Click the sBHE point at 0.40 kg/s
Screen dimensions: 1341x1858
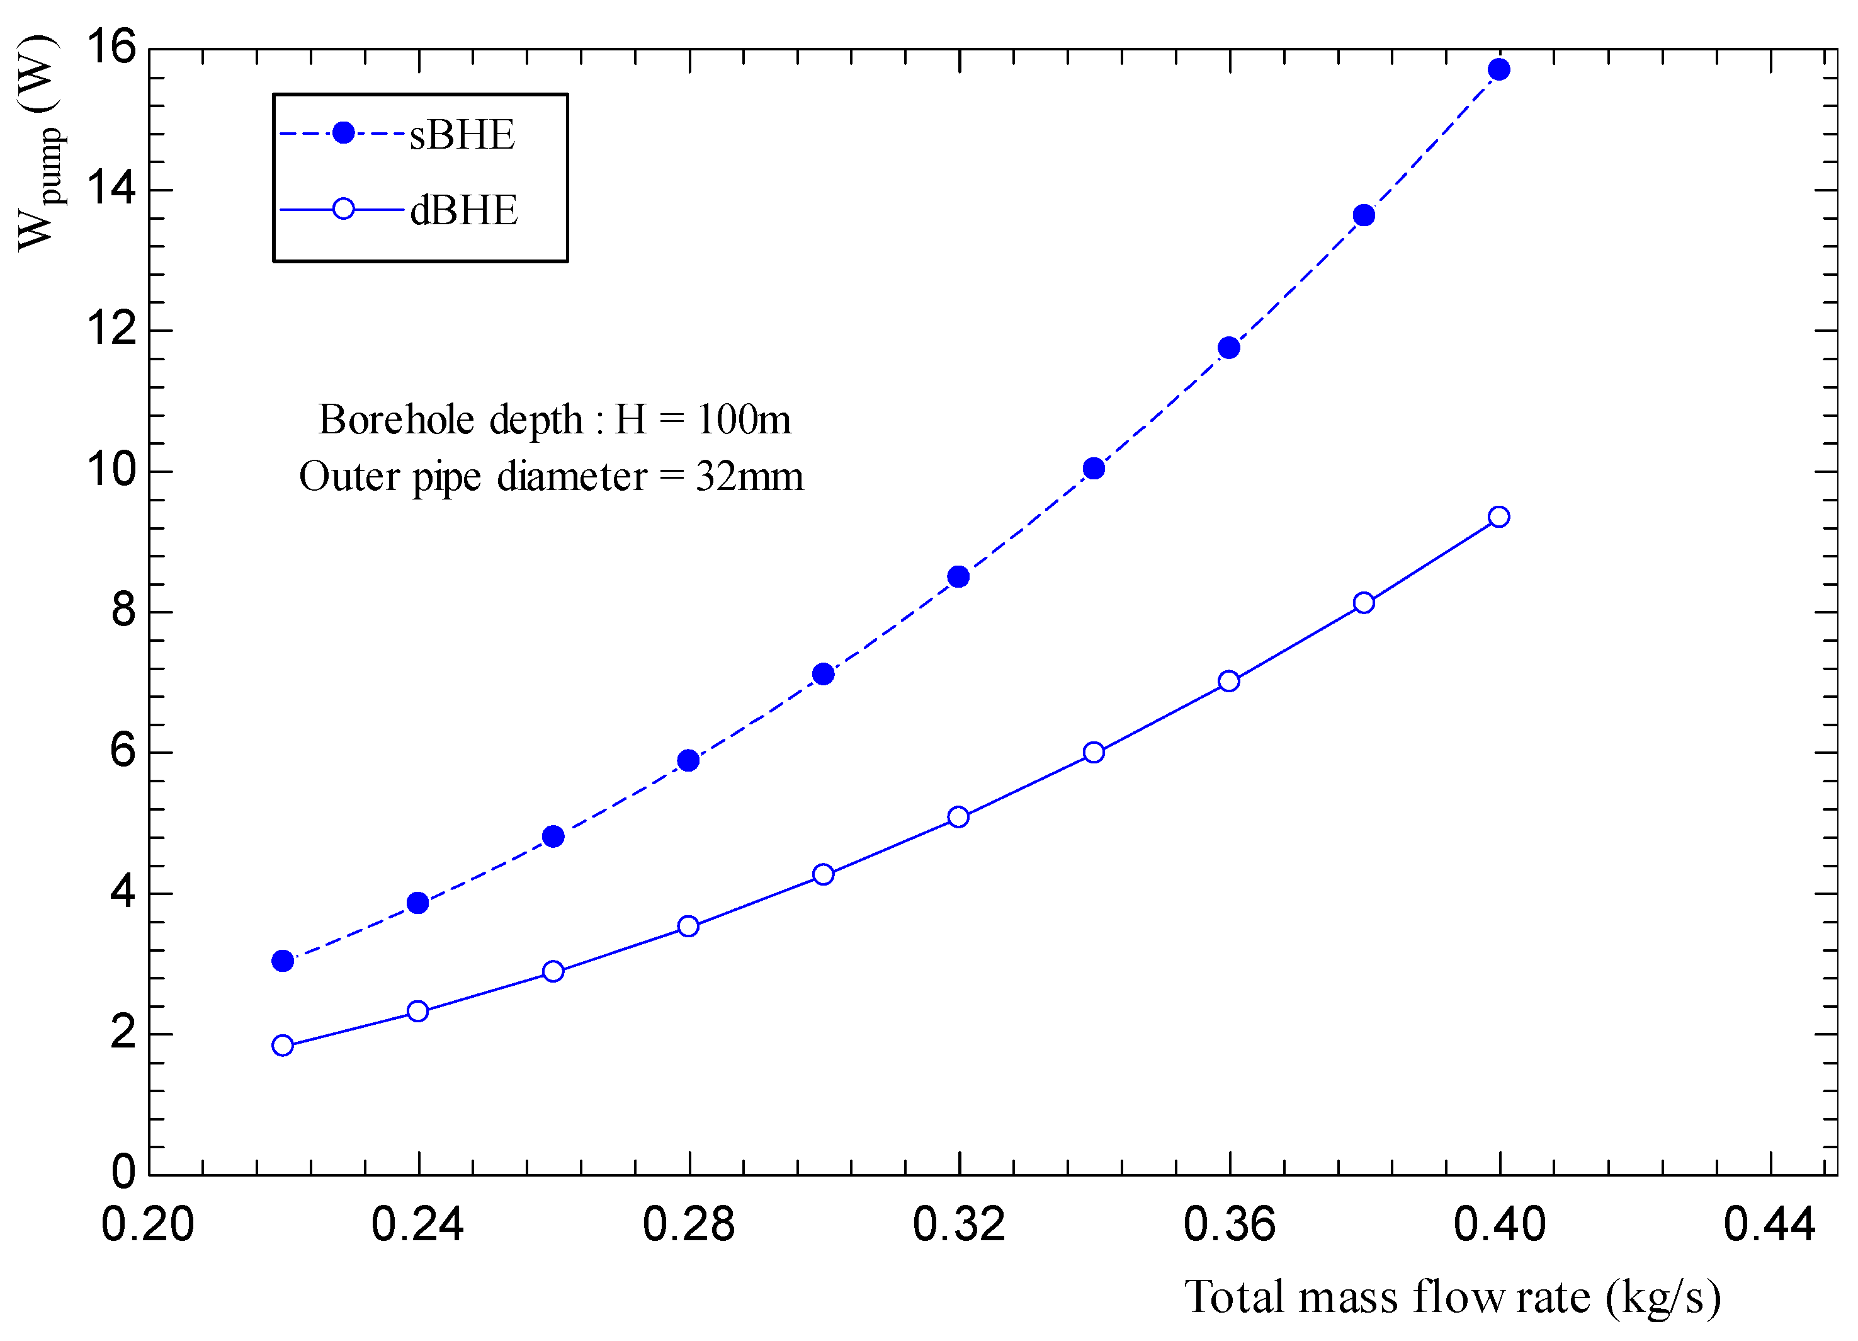1499,70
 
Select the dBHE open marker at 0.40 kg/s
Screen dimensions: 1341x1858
1499,516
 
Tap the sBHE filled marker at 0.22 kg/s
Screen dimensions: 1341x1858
283,961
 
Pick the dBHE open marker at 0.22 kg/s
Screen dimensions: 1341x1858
283,1045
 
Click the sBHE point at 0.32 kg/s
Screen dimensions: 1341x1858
958,576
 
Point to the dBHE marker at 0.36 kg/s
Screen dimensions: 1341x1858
1229,681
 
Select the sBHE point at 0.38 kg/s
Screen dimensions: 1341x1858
1364,215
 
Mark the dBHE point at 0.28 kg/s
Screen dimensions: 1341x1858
688,927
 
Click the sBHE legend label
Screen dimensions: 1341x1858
462,135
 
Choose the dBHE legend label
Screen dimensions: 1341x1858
463,210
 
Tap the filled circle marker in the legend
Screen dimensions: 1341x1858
344,133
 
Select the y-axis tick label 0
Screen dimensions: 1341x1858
123,1172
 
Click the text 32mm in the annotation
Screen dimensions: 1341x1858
750,477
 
